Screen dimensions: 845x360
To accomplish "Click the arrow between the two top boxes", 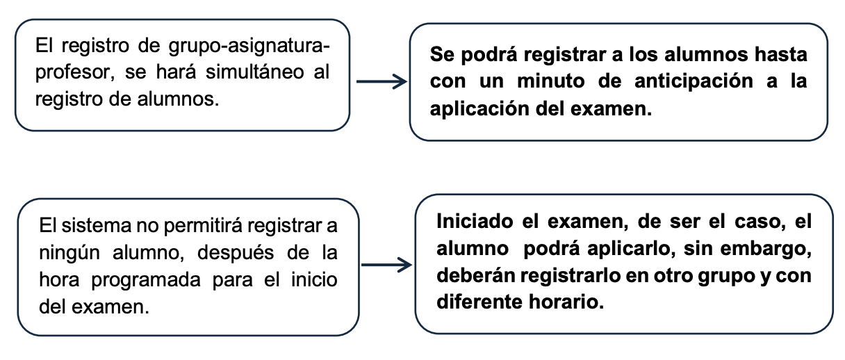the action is click(x=382, y=81).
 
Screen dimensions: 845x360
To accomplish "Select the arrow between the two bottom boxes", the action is click(x=386, y=265).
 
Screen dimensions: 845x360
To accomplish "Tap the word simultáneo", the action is click(x=254, y=72).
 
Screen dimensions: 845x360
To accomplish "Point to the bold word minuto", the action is click(x=551, y=81).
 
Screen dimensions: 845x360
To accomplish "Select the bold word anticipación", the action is click(x=694, y=82).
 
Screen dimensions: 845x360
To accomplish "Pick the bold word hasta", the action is click(x=781, y=54).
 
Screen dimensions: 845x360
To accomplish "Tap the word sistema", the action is click(x=96, y=226).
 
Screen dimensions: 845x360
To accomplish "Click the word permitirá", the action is click(x=203, y=227).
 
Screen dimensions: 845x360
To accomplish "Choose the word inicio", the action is click(x=314, y=280).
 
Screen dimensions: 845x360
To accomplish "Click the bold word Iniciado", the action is click(x=475, y=221).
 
